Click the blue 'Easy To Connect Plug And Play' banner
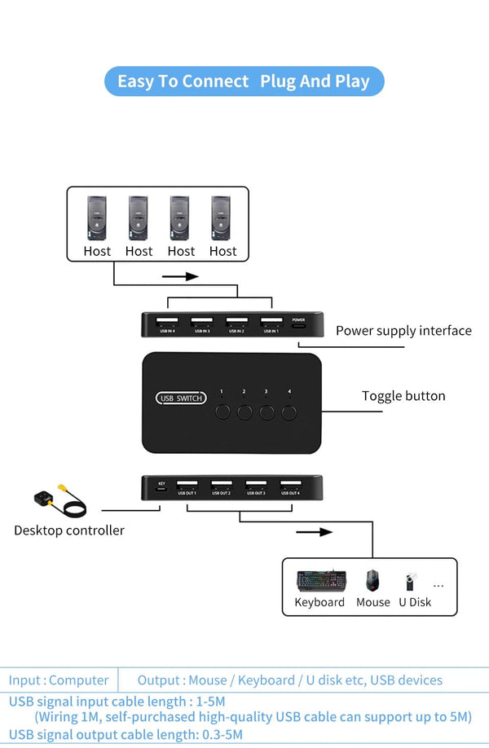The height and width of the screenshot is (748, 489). [244, 81]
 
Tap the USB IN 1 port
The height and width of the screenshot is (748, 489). [271, 323]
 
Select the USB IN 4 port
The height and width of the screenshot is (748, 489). [167, 323]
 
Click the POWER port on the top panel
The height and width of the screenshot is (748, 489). [298, 323]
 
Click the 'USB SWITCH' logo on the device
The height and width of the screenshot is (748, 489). [181, 398]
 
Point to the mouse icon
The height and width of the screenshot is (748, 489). [372, 581]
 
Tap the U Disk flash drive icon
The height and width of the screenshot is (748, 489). [408, 582]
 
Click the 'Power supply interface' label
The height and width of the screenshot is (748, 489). [403, 331]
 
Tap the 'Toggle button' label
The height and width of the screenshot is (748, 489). [403, 396]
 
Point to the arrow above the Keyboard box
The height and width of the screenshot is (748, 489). [314, 532]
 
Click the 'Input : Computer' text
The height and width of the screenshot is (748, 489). [59, 680]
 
